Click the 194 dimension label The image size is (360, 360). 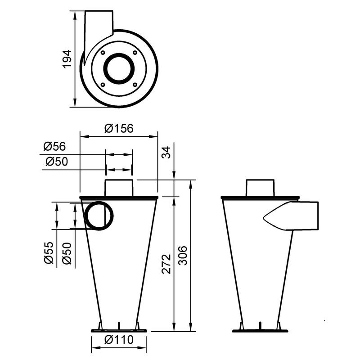(67, 59)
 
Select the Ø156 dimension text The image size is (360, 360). (119, 128)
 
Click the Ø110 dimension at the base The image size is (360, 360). (119, 340)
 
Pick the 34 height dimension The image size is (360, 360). (166, 153)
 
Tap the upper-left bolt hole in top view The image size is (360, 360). (103, 53)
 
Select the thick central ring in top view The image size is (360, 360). (119, 68)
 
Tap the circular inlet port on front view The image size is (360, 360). (99, 216)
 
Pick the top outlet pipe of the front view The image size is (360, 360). (119, 188)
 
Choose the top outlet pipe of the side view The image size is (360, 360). (260, 188)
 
